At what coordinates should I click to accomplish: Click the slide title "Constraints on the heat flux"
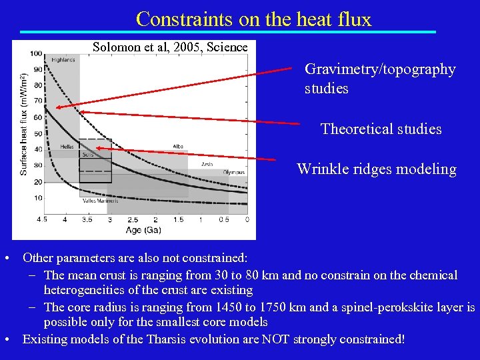[253, 19]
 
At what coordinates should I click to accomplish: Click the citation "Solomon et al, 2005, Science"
[170, 47]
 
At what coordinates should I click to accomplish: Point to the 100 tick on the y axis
[36, 53]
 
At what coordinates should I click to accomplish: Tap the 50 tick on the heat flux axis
[38, 133]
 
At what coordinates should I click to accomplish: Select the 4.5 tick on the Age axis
[41, 219]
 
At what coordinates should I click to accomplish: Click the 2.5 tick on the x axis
[133, 219]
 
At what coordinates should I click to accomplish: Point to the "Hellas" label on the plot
[67, 146]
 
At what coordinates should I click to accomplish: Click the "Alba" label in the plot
[178, 146]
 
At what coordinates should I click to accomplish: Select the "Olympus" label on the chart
[233, 172]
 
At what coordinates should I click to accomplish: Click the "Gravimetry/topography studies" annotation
[380, 79]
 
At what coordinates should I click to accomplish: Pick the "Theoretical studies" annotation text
[381, 129]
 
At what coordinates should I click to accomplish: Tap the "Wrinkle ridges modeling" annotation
[377, 169]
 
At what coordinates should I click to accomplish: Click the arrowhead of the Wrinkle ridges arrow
[99, 149]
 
